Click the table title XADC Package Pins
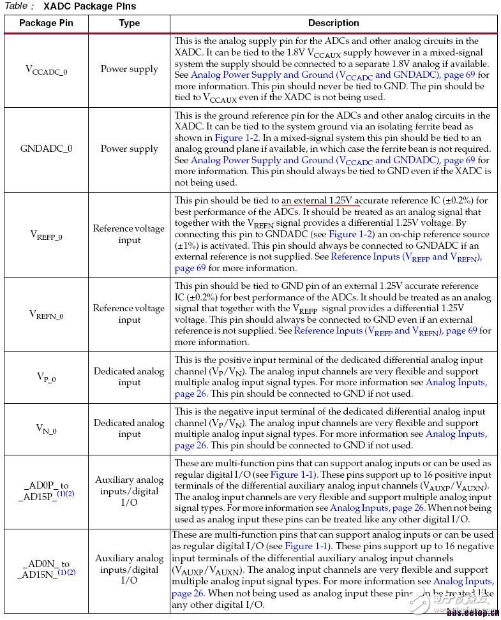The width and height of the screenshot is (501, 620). click(x=89, y=6)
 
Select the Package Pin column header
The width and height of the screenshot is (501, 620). click(x=46, y=23)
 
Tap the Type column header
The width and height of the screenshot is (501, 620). click(x=129, y=23)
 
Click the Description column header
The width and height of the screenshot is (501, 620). click(x=333, y=23)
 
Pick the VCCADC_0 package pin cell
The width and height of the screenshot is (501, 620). click(x=46, y=70)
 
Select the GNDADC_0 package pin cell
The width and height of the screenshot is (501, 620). click(x=46, y=149)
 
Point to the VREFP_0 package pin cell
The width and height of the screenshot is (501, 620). click(x=46, y=235)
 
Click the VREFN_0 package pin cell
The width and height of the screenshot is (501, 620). click(x=46, y=314)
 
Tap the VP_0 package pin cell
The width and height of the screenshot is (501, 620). click(x=46, y=377)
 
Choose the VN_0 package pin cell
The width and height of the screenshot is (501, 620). click(x=46, y=429)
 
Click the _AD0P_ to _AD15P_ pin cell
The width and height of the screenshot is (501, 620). click(x=46, y=490)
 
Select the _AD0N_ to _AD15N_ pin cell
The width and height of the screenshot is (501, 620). click(x=46, y=569)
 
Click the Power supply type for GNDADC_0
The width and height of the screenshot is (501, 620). click(x=129, y=149)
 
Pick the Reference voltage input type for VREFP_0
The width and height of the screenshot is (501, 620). click(x=129, y=234)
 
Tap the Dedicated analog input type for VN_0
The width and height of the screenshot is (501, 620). click(x=129, y=428)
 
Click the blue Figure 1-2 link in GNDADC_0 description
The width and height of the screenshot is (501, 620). click(x=237, y=138)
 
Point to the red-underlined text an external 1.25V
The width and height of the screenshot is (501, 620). click(x=319, y=200)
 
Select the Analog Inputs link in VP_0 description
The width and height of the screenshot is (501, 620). click(x=456, y=382)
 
